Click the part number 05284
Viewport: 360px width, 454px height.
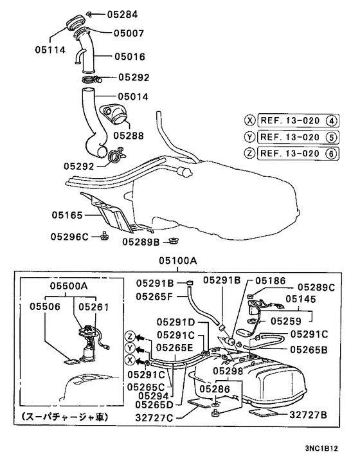click(x=122, y=15)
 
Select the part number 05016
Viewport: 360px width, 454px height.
click(x=130, y=57)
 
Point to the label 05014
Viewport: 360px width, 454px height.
click(x=133, y=96)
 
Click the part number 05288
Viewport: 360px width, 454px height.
click(x=129, y=136)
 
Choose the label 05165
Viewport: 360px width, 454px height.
click(x=67, y=215)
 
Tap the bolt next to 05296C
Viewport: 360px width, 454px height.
click(x=104, y=237)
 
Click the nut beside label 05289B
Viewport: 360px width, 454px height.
click(x=174, y=241)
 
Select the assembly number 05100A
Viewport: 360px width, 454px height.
click(x=178, y=261)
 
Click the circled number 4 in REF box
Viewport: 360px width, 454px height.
click(x=332, y=121)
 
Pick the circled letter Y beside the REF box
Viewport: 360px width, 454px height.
click(x=249, y=137)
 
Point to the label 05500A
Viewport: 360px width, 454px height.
click(x=69, y=286)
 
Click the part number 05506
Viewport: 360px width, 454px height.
click(x=45, y=306)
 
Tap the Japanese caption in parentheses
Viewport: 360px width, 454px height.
click(x=65, y=417)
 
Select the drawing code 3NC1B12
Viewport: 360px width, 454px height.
click(x=321, y=448)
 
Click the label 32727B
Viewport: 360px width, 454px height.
click(x=308, y=415)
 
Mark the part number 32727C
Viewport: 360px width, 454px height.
click(x=154, y=418)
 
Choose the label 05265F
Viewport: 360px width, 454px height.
click(x=154, y=296)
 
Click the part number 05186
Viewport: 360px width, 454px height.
click(x=270, y=280)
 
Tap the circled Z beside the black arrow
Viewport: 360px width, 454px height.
click(x=130, y=336)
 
